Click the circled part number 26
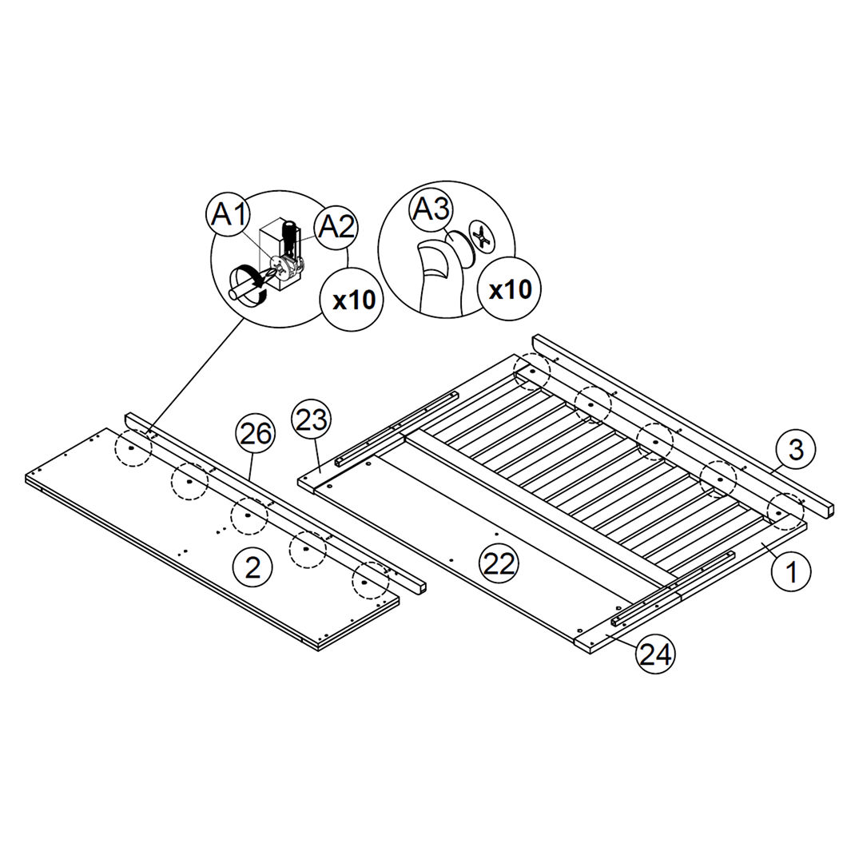[256, 434]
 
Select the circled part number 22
[499, 564]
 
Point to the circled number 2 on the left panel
[252, 568]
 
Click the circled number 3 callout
[795, 450]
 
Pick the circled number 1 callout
[792, 571]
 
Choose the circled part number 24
[655, 655]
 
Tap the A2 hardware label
[336, 227]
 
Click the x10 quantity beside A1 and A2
[353, 300]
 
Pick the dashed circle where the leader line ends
[132, 450]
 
